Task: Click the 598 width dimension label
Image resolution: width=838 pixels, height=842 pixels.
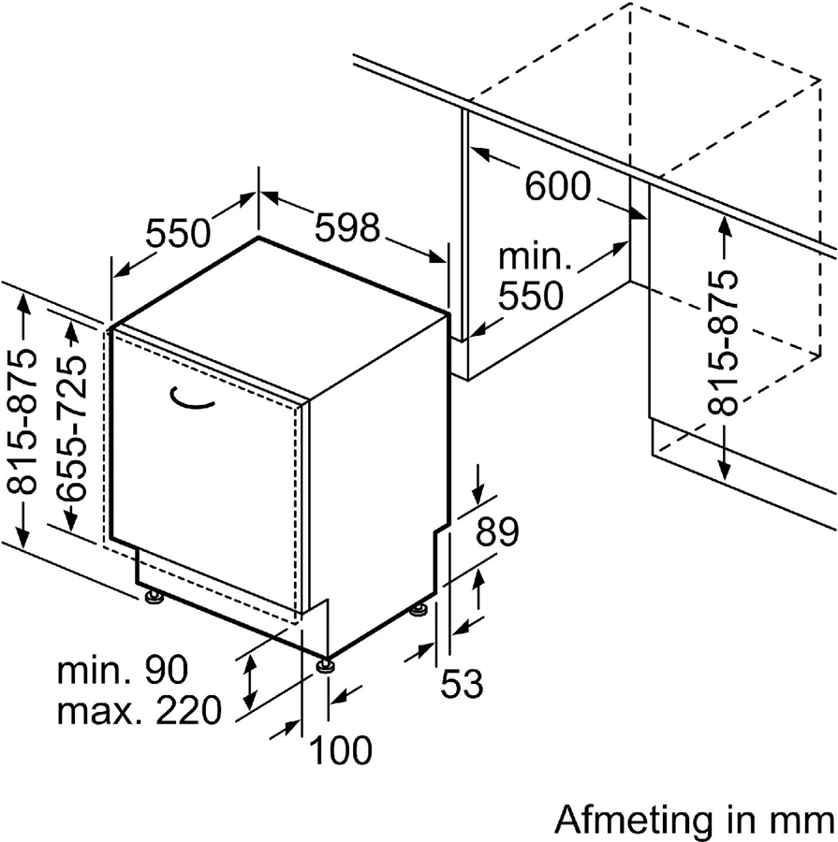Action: coord(347,227)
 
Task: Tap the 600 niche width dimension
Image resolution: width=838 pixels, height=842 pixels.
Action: coord(558,187)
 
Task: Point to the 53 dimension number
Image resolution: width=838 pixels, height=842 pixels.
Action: coord(462,684)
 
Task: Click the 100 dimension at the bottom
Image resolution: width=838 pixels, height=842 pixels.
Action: coord(340,749)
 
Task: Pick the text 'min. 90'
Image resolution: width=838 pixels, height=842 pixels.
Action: coord(123,670)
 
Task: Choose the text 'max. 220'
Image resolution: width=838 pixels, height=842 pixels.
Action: coord(140,712)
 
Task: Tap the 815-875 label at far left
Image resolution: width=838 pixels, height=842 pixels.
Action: coord(24,420)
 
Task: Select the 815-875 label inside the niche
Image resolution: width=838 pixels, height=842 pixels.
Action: coord(723,342)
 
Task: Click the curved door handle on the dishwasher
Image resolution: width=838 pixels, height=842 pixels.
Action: coord(193,399)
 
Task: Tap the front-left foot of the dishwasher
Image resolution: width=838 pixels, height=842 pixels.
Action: coord(153,595)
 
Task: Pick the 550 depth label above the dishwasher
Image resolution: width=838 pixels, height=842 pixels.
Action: coord(178,232)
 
